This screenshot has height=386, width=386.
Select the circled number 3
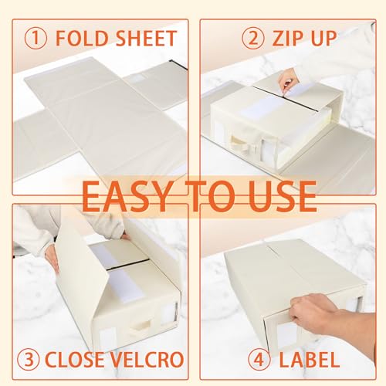point(31,359)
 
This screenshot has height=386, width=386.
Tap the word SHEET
point(144,38)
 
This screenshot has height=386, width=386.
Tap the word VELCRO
point(148,359)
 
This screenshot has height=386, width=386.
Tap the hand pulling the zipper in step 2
point(289,78)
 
